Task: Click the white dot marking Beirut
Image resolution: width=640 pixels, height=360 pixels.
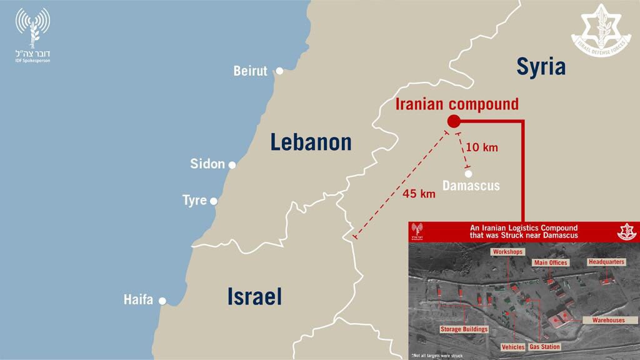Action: tap(279, 71)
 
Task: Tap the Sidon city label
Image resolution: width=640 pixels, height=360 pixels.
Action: tap(207, 164)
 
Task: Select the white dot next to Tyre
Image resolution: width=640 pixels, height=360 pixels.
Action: tap(214, 201)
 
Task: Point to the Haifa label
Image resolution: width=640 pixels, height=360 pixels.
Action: tap(138, 300)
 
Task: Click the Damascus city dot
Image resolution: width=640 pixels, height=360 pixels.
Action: tap(468, 173)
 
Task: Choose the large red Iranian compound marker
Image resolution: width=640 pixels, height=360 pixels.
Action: tap(454, 121)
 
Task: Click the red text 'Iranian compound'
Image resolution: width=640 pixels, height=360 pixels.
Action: tap(457, 104)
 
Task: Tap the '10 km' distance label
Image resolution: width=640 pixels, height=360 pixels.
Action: tap(482, 147)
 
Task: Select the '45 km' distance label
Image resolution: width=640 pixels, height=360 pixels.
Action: tap(419, 193)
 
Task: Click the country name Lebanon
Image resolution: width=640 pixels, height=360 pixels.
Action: tap(311, 142)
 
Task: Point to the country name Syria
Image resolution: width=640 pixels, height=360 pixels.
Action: tap(541, 67)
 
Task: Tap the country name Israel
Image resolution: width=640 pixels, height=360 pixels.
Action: tap(254, 296)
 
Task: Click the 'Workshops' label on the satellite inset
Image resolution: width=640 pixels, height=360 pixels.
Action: tap(506, 251)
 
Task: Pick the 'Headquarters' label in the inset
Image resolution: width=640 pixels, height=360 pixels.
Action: tap(606, 262)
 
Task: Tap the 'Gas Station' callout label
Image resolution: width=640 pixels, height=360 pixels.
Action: tap(545, 346)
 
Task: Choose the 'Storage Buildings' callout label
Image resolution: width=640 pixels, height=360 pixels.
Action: tap(464, 329)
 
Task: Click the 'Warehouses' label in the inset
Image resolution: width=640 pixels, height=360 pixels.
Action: tap(604, 320)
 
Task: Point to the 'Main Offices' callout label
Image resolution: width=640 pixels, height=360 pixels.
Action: tap(551, 262)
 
